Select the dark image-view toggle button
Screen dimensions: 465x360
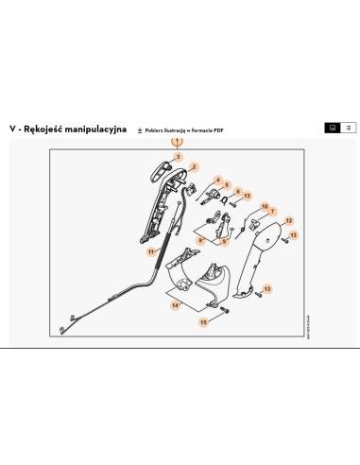point(332,127)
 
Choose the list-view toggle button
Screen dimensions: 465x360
point(348,127)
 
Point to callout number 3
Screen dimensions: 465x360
point(177,156)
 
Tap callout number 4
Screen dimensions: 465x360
point(217,179)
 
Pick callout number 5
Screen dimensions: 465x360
point(227,185)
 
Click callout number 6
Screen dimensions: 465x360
point(237,191)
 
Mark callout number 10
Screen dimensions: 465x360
point(266,205)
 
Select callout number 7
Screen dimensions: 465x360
point(272,212)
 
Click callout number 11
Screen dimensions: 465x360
point(150,252)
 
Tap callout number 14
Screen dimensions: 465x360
point(174,305)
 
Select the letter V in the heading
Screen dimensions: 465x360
point(10,128)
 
